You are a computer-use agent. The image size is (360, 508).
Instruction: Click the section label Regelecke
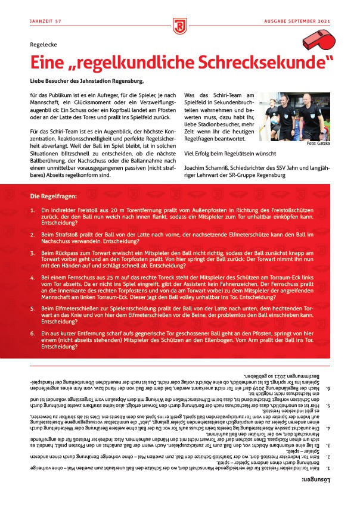(45, 45)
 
